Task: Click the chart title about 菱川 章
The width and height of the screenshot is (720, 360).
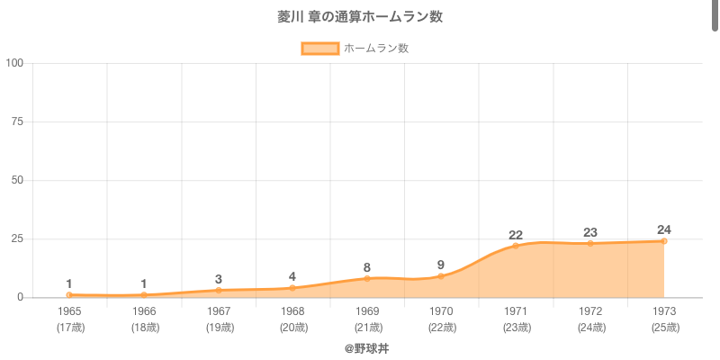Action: (x=360, y=17)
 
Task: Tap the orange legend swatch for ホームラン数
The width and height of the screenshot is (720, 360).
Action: (x=319, y=49)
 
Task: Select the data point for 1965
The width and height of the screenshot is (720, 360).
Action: (x=69, y=295)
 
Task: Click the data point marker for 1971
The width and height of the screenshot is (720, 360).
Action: (x=516, y=246)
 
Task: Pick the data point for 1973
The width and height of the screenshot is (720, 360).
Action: (x=664, y=241)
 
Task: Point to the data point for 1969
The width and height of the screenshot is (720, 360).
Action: (x=367, y=279)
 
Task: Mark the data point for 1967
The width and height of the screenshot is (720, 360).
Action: (x=218, y=291)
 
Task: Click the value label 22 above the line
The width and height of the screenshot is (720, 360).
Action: (x=516, y=235)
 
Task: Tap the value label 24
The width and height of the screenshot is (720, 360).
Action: (x=664, y=229)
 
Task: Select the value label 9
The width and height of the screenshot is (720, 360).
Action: (x=441, y=265)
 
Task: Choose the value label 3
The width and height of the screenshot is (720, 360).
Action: (x=218, y=279)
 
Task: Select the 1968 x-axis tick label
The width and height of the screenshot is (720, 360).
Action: (x=292, y=311)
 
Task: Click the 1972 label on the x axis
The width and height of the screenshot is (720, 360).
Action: (x=589, y=311)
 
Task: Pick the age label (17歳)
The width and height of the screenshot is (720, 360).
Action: (x=69, y=328)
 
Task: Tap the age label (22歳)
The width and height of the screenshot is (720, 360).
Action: (x=441, y=328)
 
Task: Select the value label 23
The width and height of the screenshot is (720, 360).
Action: (x=589, y=232)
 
